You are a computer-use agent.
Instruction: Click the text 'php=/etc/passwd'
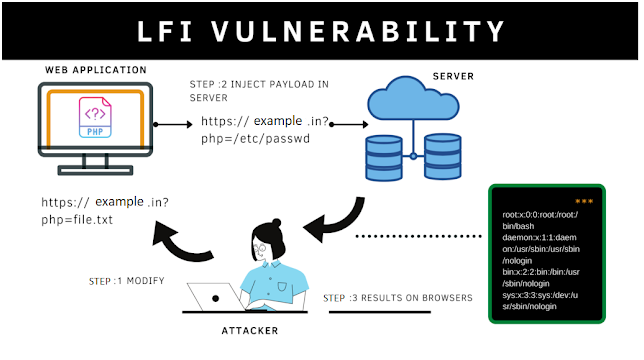point(254,140)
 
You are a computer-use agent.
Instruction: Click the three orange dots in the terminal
point(584,200)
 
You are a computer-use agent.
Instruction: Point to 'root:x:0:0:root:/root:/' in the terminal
point(546,214)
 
